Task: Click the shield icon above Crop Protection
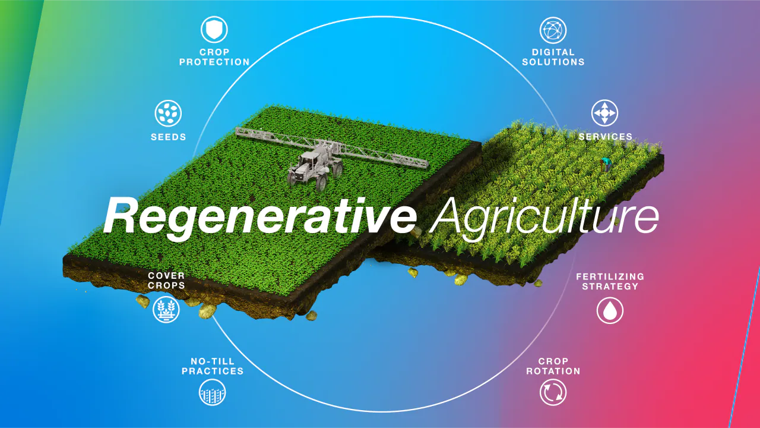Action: [x=214, y=29]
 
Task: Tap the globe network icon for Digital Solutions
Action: [x=553, y=30]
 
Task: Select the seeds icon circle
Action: [x=168, y=113]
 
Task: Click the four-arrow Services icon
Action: [x=604, y=113]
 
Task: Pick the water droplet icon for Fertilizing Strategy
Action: [x=610, y=310]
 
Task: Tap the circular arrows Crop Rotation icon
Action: [x=553, y=392]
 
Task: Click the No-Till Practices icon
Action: [x=213, y=392]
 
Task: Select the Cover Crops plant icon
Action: [x=166, y=310]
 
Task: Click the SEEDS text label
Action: [x=169, y=137]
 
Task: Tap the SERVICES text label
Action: [x=606, y=137]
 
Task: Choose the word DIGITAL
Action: [x=553, y=52]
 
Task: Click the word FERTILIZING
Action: [x=610, y=276]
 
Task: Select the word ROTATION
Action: [x=553, y=371]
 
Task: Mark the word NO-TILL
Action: [x=213, y=361]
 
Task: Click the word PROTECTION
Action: [x=214, y=62]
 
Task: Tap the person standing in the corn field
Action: [x=606, y=164]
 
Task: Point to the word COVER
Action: [x=166, y=275]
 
